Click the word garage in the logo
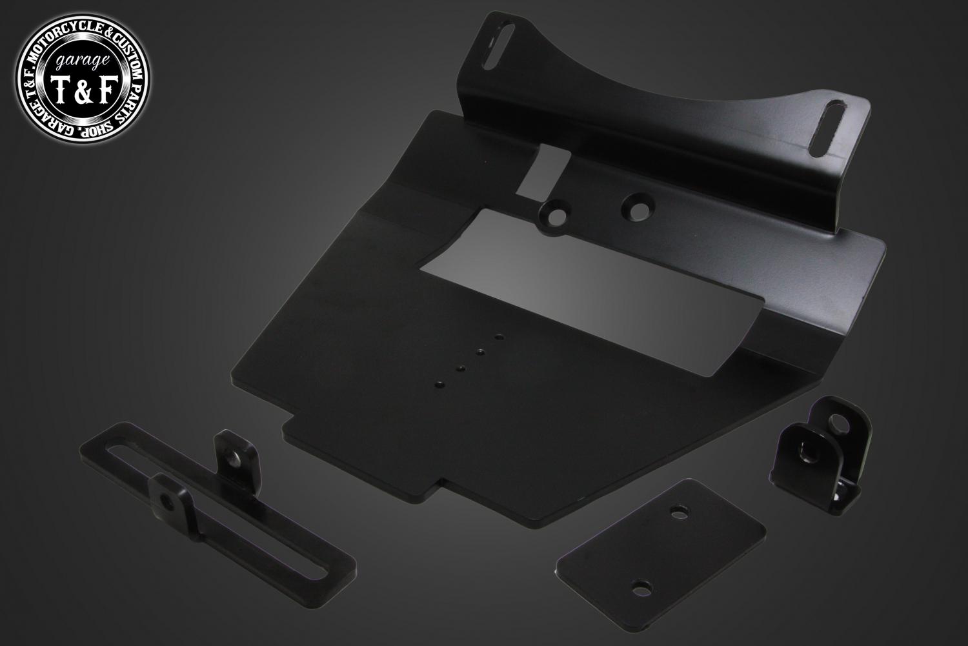(x=82, y=63)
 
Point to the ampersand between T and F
(x=84, y=90)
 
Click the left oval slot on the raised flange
(x=499, y=46)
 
